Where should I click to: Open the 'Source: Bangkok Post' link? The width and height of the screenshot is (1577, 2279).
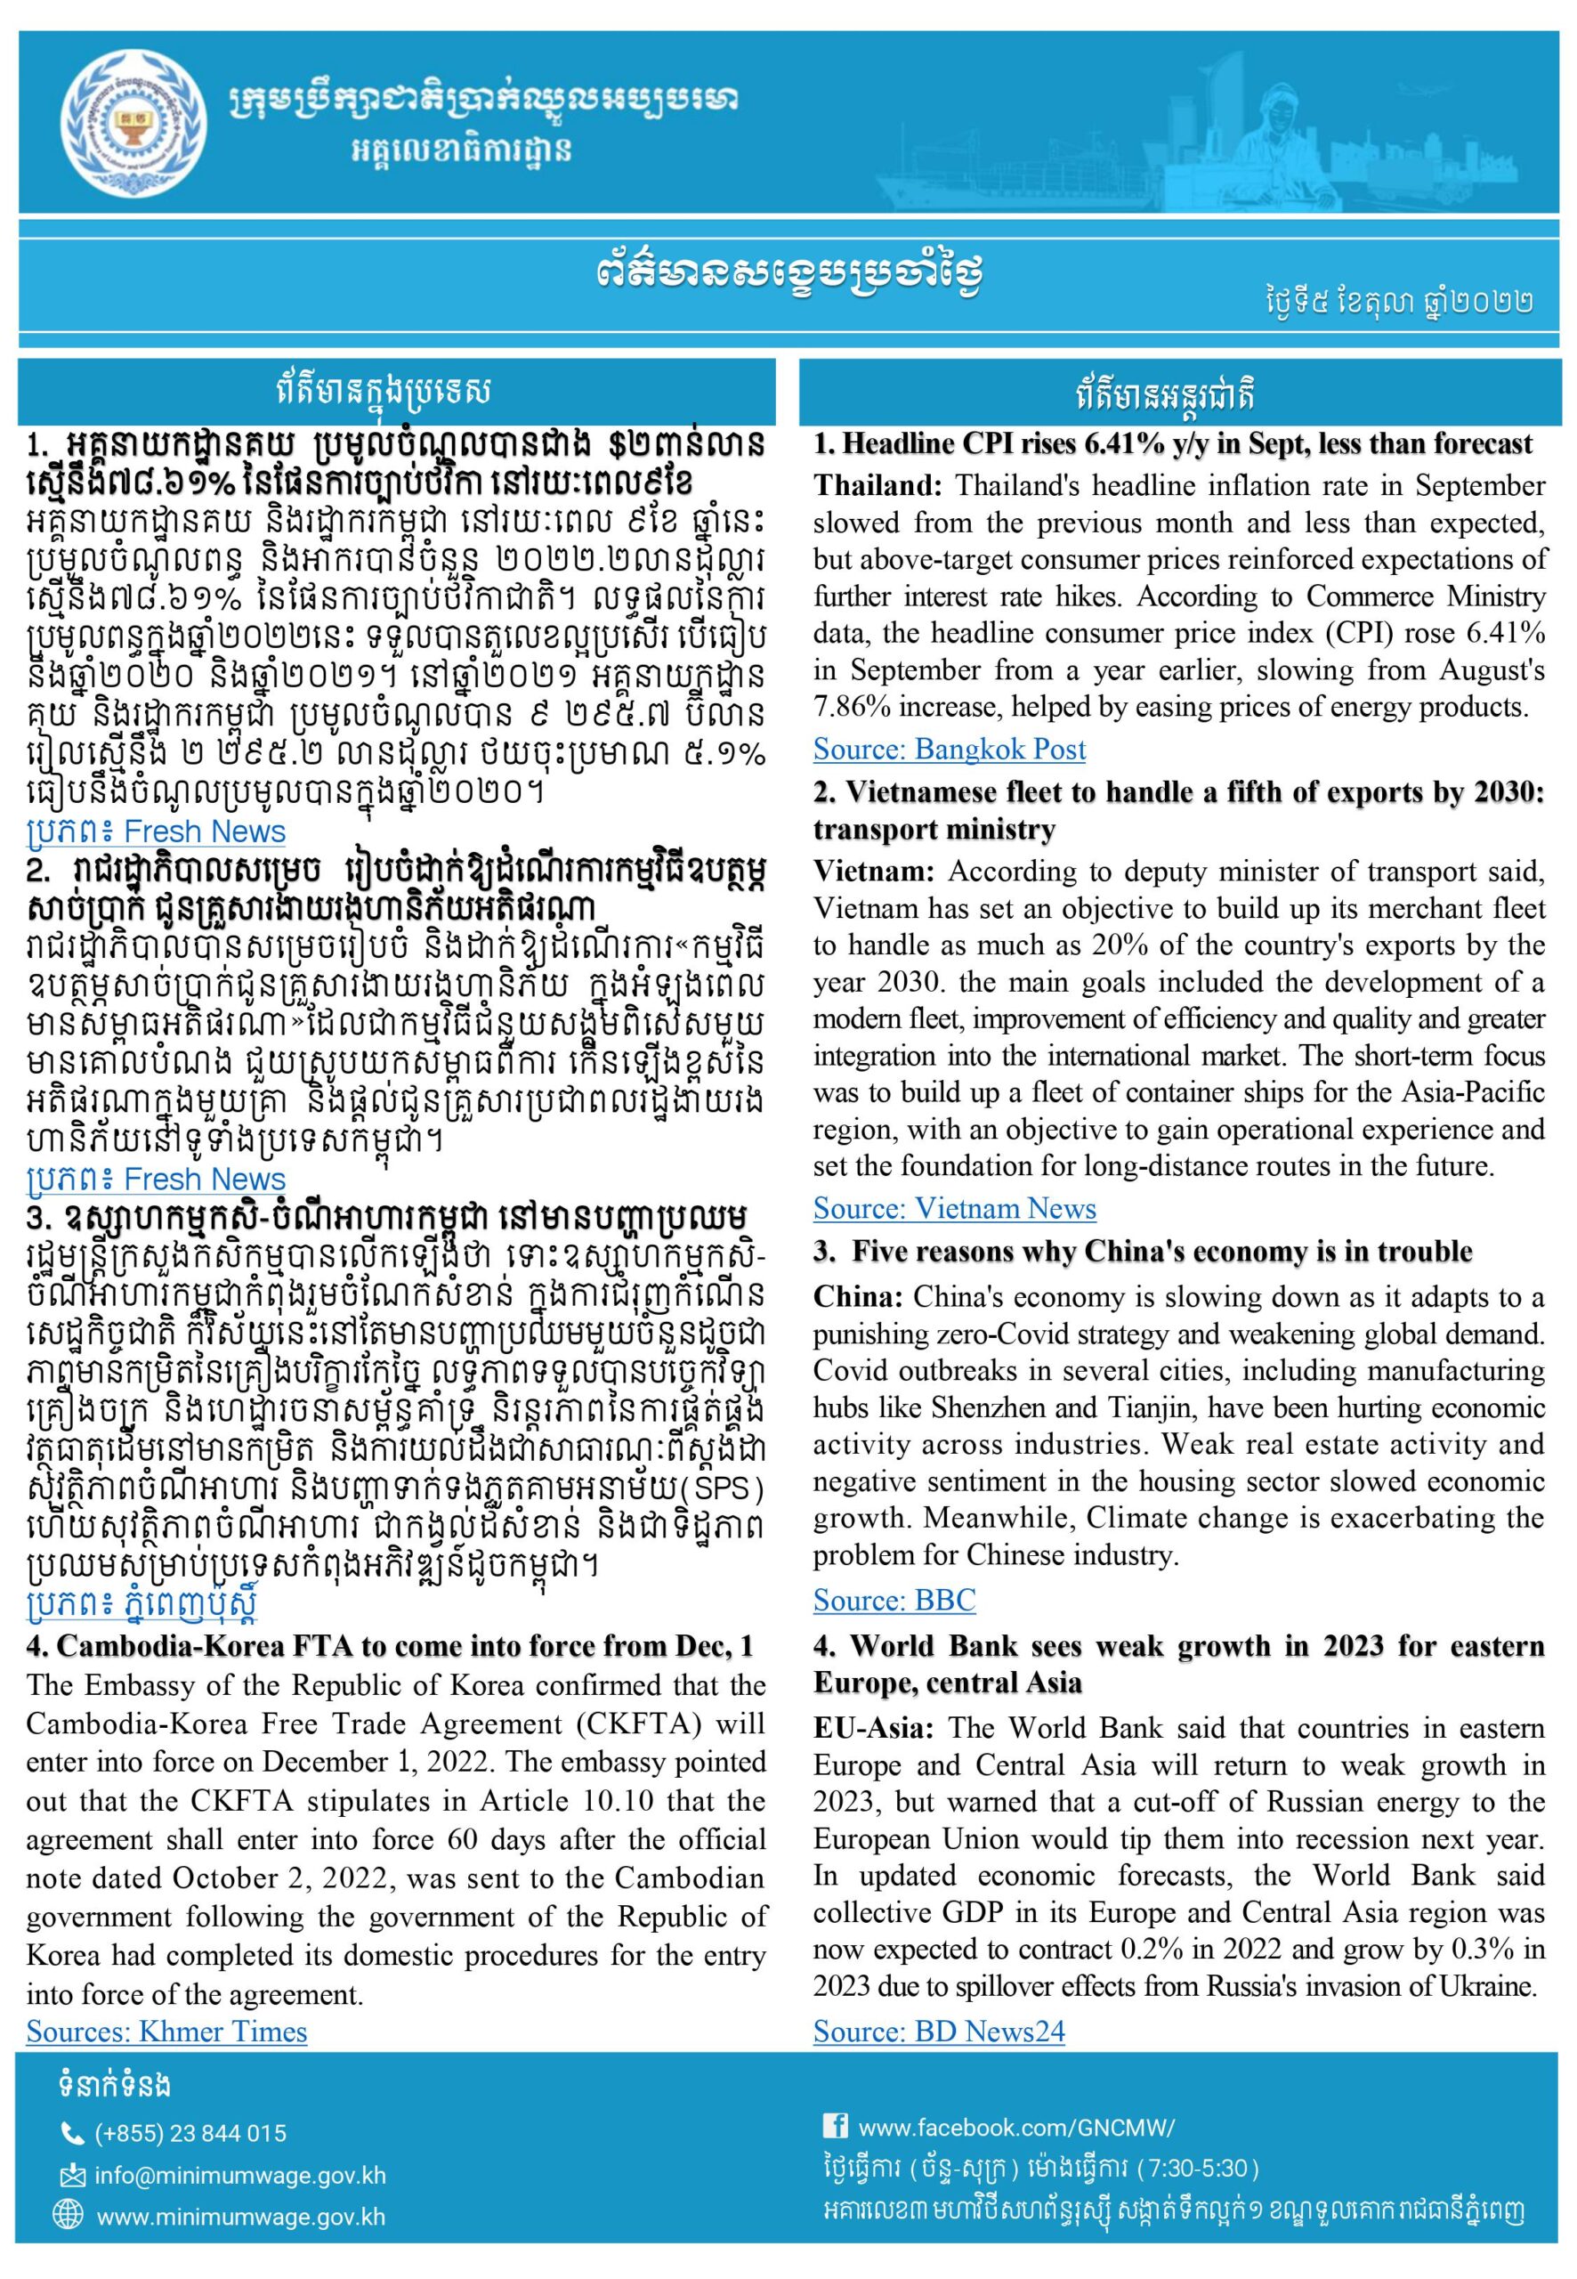[949, 749]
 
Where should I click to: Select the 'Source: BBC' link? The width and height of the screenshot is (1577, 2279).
[894, 1600]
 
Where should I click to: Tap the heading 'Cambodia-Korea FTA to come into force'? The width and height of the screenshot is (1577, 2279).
[391, 1645]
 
